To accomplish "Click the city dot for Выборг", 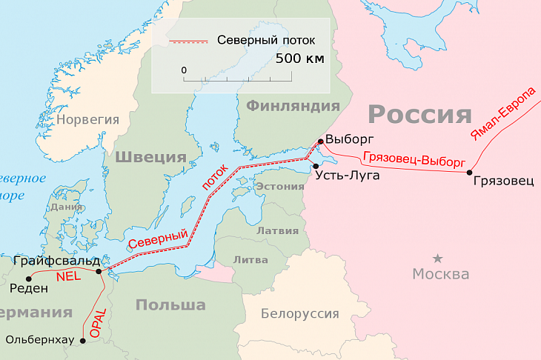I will pyautogui.click(x=320, y=141).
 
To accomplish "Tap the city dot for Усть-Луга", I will pyautogui.click(x=316, y=166).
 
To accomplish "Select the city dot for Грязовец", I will pyautogui.click(x=469, y=173).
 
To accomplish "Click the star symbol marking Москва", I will pyautogui.click(x=438, y=258).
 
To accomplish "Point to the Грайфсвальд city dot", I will pyautogui.click(x=99, y=272).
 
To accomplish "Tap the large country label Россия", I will pyautogui.click(x=419, y=114).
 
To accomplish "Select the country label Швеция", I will pyautogui.click(x=150, y=157).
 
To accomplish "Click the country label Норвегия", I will pyautogui.click(x=88, y=119).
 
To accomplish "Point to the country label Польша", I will pyautogui.click(x=171, y=304).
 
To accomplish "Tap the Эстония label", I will pyautogui.click(x=279, y=187).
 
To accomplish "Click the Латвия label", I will pyautogui.click(x=277, y=230).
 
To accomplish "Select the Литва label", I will pyautogui.click(x=250, y=259).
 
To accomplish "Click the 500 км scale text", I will pyautogui.click(x=300, y=58).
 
